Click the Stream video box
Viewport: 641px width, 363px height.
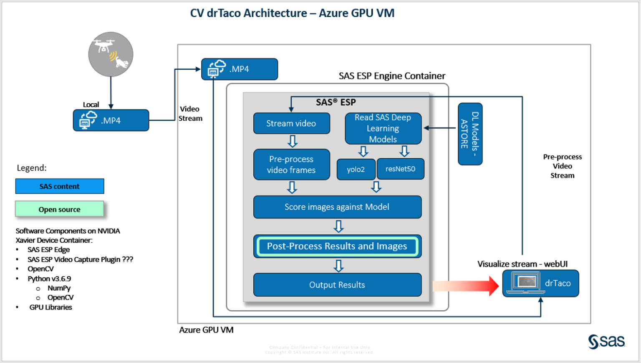click(291, 123)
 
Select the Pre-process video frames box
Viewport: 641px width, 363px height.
click(291, 165)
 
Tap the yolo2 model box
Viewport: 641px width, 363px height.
click(356, 169)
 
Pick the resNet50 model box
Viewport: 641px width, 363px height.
click(400, 169)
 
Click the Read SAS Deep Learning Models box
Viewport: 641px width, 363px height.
click(383, 128)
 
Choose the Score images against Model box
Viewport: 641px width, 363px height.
click(337, 207)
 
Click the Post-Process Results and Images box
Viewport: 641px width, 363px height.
click(337, 246)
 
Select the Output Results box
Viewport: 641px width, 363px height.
click(337, 285)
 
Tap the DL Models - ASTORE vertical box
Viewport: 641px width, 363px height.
click(470, 134)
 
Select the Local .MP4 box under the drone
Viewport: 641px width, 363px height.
click(111, 120)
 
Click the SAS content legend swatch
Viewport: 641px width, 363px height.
click(60, 186)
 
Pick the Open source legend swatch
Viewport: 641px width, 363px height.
click(60, 209)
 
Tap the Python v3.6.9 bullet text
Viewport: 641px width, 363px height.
click(49, 279)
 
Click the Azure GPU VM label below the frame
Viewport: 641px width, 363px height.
click(206, 330)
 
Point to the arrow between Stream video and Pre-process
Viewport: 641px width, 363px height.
click(293, 141)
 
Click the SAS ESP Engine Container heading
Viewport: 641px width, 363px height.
click(392, 76)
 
